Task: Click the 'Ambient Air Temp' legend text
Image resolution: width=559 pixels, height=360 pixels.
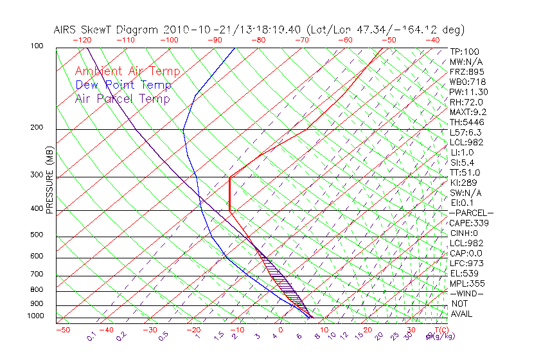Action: pyautogui.click(x=127, y=71)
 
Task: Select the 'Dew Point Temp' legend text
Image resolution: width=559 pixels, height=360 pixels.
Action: pyautogui.click(x=123, y=85)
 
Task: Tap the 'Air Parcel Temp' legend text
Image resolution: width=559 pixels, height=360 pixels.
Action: pyautogui.click(x=122, y=98)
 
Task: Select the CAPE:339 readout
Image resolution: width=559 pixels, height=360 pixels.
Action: pyautogui.click(x=468, y=223)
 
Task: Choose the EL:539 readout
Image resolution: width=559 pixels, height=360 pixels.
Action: pyautogui.click(x=464, y=273)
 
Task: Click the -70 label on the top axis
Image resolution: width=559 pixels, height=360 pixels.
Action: pyautogui.click(x=301, y=40)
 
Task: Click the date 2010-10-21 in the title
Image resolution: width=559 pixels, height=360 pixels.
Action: pyautogui.click(x=192, y=30)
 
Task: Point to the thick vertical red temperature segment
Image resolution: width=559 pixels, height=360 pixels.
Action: pyautogui.click(x=229, y=194)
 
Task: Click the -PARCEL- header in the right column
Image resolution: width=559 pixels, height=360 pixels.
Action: pyautogui.click(x=471, y=213)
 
